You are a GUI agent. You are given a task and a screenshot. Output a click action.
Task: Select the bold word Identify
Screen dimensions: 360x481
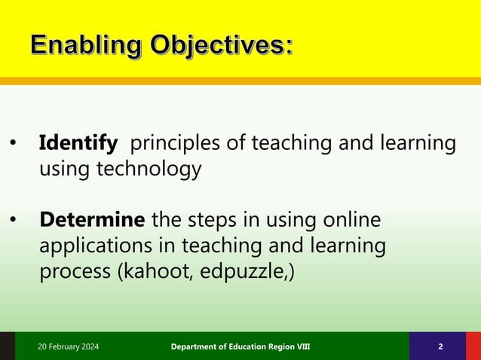pos(78,142)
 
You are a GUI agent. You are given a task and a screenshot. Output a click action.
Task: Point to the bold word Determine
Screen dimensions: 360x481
pos(92,221)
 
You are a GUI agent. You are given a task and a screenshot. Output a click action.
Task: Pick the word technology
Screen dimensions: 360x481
pos(148,169)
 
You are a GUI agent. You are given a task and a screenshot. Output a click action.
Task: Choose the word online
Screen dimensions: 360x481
pos(348,221)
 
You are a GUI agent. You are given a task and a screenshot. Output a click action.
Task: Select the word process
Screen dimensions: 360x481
pos(75,272)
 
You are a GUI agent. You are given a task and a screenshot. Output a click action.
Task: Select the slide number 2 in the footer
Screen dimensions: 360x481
pos(440,346)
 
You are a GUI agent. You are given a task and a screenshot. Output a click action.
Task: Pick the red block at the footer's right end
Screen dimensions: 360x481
pos(473,346)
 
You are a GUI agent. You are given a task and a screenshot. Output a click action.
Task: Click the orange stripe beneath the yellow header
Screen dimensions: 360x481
pos(240,80)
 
